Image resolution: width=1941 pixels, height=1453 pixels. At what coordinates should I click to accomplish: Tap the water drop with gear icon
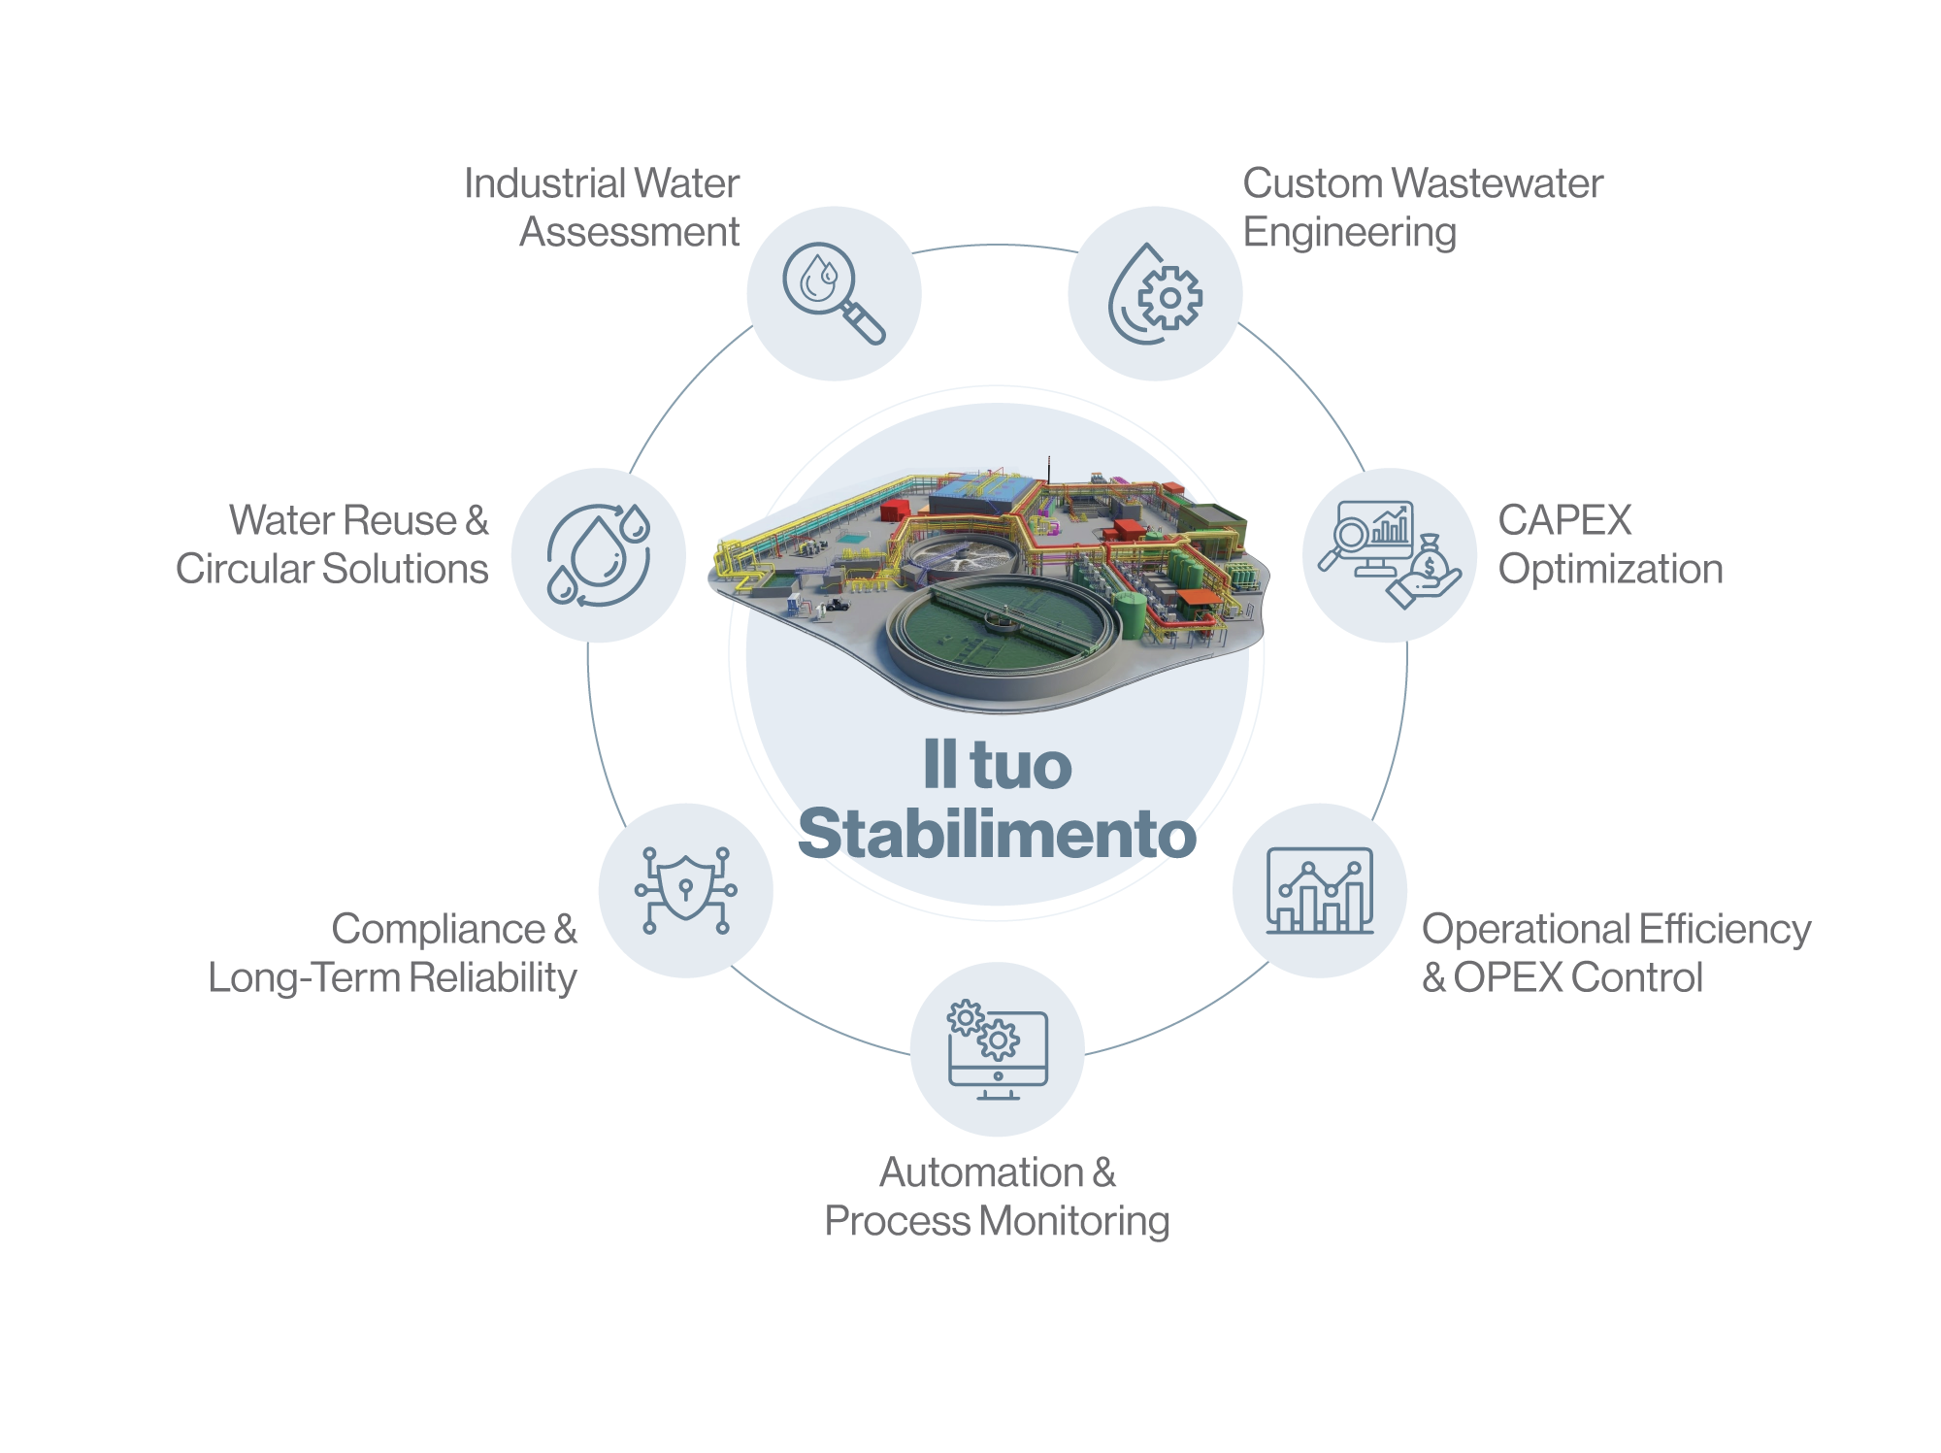pos(1155,293)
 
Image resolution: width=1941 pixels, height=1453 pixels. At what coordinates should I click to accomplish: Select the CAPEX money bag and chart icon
pos(1390,554)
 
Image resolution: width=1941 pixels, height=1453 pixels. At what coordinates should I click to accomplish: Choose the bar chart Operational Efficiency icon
pos(1320,890)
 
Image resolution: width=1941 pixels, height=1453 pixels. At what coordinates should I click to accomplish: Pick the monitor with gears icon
pos(998,1050)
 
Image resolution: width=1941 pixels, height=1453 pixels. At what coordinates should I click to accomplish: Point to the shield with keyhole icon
pos(686,890)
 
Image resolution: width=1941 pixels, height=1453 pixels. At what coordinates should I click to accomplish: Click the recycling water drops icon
pos(598,554)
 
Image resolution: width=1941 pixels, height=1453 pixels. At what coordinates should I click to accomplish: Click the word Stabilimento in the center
pos(997,834)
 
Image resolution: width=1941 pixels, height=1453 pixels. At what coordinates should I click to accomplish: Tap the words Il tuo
pos(997,765)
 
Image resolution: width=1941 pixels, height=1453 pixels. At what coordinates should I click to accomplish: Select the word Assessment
pos(630,232)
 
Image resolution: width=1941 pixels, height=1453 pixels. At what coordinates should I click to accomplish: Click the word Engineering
pos(1350,233)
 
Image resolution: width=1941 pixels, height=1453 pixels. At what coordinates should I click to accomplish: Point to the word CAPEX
pos(1564,520)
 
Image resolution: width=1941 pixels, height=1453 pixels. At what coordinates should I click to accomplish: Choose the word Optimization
pos(1611,569)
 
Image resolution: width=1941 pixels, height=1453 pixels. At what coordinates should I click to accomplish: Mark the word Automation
pos(981,1172)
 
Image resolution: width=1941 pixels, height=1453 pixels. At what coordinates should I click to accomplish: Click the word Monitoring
pos(1074,1221)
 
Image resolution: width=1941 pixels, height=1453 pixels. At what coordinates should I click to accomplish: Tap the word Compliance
pos(439,929)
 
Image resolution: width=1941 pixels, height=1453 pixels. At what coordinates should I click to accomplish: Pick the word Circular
pos(245,569)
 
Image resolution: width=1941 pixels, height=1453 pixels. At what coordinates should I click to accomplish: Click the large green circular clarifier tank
pos(1003,626)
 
